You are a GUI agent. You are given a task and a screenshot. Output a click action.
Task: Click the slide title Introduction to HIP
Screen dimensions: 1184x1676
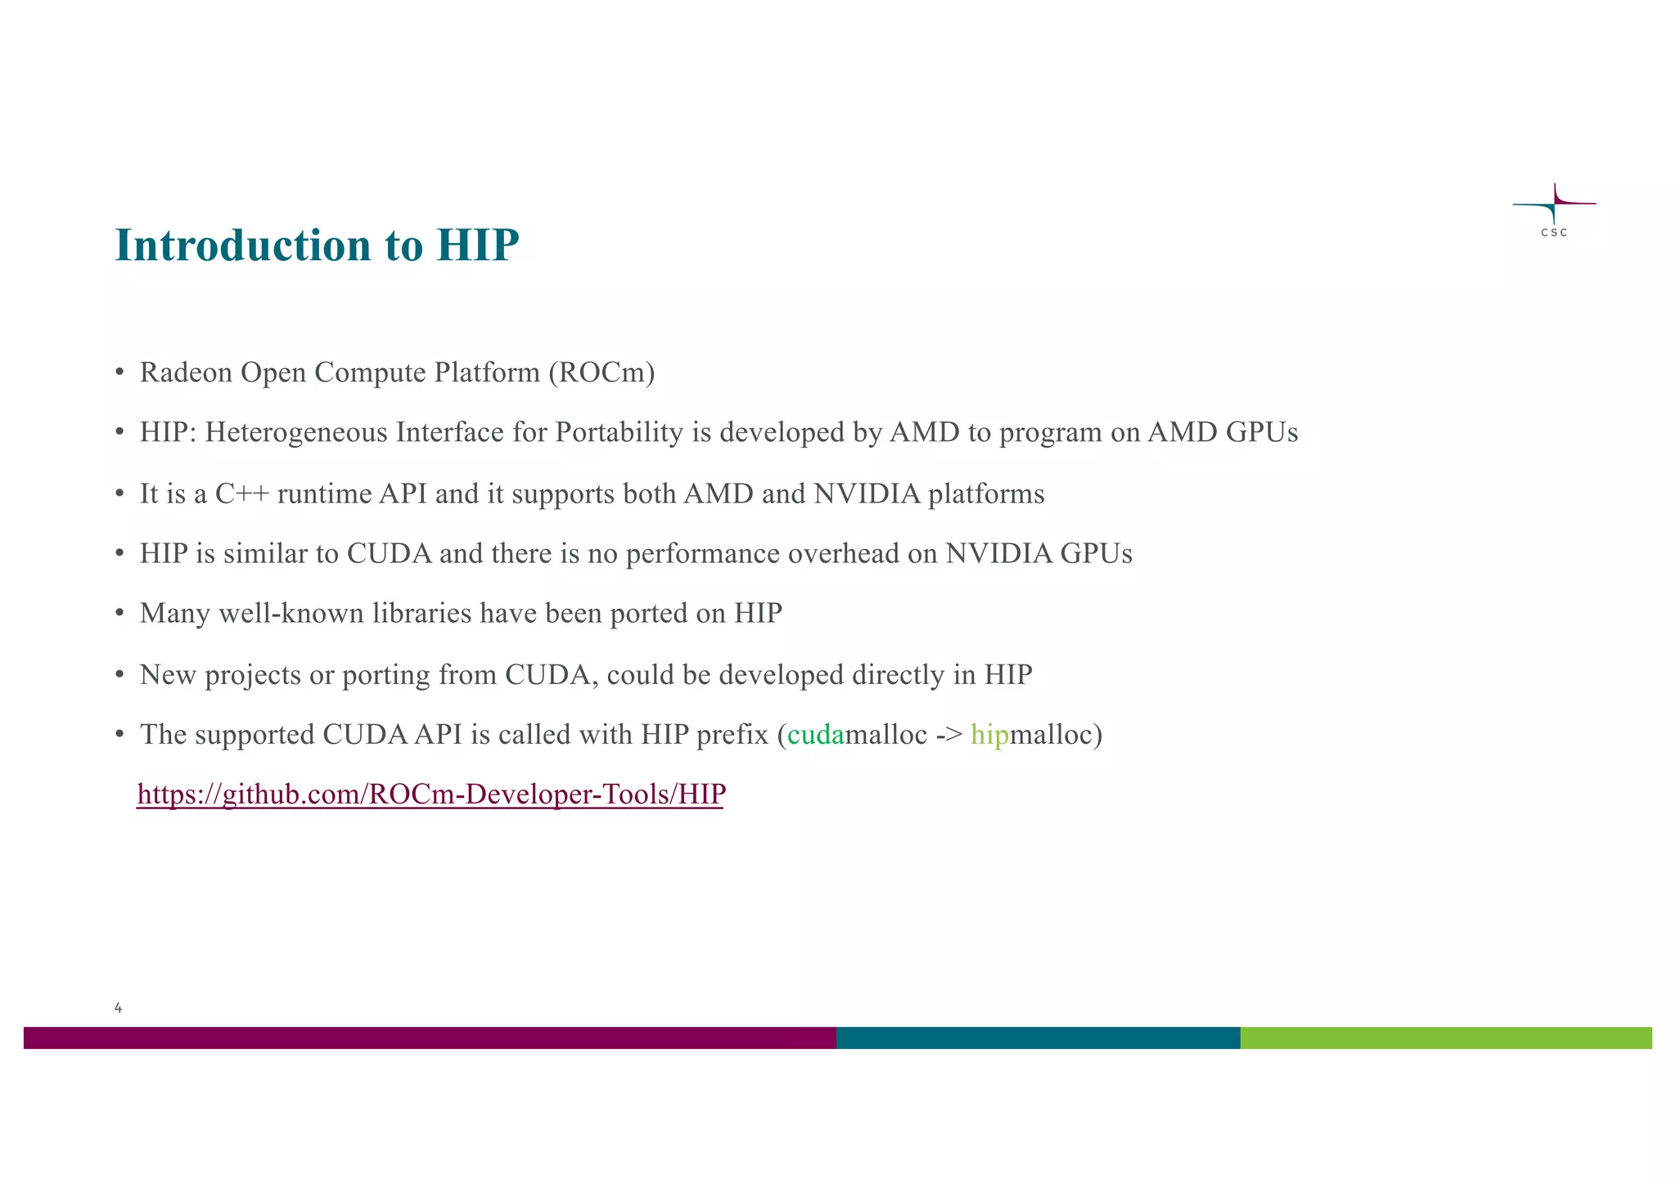(317, 245)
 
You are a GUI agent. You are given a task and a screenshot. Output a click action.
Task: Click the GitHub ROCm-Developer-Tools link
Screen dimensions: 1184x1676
(431, 795)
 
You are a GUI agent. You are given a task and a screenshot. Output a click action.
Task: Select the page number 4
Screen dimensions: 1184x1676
(119, 1008)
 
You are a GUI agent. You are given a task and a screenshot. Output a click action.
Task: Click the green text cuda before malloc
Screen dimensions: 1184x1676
(815, 735)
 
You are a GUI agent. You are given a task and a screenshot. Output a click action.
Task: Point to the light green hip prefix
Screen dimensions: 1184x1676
(989, 735)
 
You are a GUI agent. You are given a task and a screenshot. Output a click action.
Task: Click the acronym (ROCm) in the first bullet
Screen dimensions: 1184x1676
(601, 372)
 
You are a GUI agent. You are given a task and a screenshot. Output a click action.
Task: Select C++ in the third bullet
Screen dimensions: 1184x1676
(242, 494)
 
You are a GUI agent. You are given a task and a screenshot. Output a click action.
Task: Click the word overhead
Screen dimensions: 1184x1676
(843, 554)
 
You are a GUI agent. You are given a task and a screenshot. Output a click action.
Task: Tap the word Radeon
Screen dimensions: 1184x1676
(186, 372)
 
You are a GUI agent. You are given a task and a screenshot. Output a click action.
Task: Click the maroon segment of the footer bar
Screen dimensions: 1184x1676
(430, 1038)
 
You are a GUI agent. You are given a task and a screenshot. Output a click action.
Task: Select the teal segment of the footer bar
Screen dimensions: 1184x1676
(1038, 1038)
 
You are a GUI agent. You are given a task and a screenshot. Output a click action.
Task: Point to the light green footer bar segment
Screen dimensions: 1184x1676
(1445, 1038)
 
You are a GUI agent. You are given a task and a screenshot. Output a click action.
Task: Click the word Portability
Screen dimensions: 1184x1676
(619, 432)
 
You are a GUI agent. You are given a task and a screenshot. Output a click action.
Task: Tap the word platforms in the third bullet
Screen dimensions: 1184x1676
(986, 494)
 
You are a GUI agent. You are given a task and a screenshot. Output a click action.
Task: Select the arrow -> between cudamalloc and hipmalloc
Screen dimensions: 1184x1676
(948, 735)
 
